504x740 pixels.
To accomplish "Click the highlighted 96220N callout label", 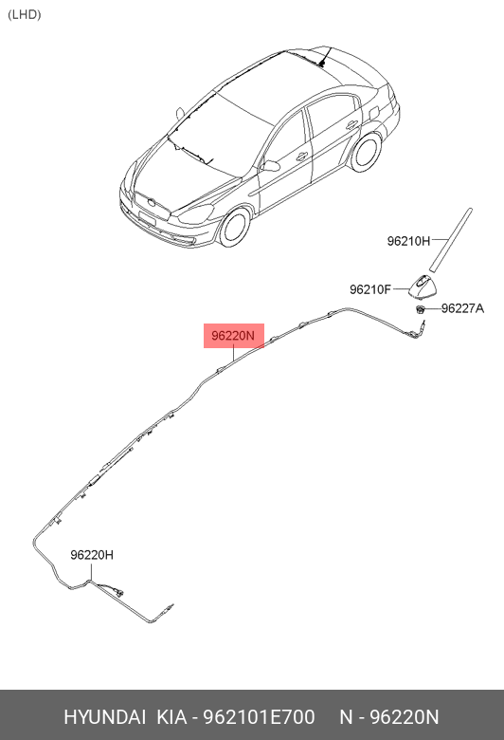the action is [233, 336].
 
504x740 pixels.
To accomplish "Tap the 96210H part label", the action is [408, 241].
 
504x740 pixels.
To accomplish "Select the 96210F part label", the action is [370, 289].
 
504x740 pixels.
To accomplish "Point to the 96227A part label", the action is [462, 308].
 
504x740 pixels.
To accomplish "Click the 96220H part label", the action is [92, 555].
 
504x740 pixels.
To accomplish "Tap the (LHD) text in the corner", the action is [25, 14].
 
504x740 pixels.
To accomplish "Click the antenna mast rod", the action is [451, 240].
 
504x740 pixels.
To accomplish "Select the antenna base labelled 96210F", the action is [423, 287].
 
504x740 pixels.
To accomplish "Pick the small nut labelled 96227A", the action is [419, 309].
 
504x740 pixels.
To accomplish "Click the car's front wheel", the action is [234, 227].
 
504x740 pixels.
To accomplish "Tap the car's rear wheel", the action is [367, 152].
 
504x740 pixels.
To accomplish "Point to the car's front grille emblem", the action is [151, 203].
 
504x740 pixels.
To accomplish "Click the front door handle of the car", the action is [302, 157].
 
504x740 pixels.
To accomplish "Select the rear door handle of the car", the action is [351, 125].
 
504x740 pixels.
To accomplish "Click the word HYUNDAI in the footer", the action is [104, 717].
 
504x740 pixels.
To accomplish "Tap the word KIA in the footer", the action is [171, 717].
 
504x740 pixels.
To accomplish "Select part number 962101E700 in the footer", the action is [259, 717].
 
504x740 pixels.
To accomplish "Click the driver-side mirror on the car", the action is [270, 166].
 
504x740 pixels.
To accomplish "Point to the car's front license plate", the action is [147, 218].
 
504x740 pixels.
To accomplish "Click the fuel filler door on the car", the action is [373, 113].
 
